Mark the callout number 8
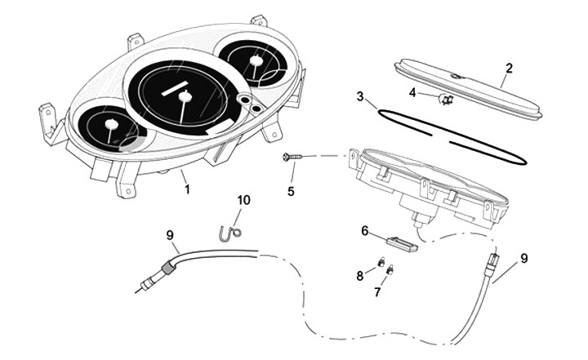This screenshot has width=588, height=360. coord(359,276)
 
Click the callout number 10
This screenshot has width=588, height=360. coord(243,199)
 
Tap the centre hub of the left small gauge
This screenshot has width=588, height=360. coord(109,127)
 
